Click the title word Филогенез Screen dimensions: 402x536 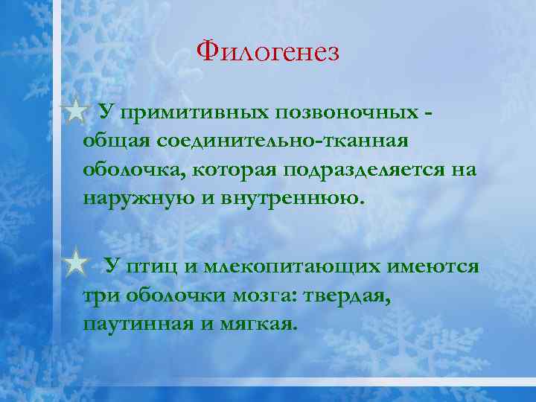pos(268,52)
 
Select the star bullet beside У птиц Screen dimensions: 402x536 pos(75,264)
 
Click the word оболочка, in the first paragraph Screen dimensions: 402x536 pos(134,170)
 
